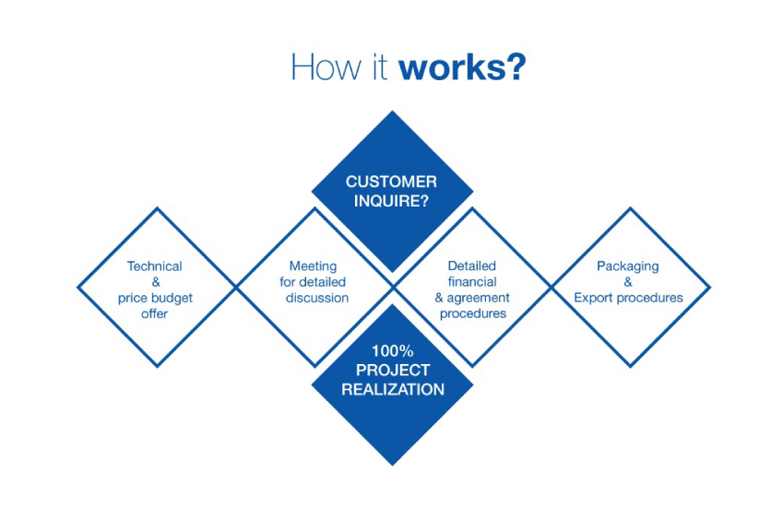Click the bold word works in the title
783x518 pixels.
(x=453, y=67)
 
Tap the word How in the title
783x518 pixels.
(x=326, y=67)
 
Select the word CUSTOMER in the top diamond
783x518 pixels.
(x=391, y=182)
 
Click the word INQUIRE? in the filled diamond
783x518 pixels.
(x=391, y=201)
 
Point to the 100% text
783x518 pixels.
(x=393, y=351)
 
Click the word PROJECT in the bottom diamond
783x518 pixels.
(x=393, y=371)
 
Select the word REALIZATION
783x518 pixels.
(x=393, y=389)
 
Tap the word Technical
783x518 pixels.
(x=154, y=266)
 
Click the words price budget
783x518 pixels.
(x=155, y=299)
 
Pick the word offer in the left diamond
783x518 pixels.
(x=154, y=314)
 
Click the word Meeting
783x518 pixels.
(x=313, y=266)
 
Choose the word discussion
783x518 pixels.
(x=317, y=298)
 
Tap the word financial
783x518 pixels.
(x=472, y=282)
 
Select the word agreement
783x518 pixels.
(x=478, y=299)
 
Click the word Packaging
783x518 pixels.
(x=628, y=266)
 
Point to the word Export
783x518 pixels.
(x=592, y=299)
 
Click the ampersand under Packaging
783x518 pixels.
(x=628, y=282)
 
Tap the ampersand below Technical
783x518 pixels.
(x=156, y=282)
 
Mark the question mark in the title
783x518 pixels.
(x=516, y=67)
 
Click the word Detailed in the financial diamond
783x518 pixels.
(x=472, y=266)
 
